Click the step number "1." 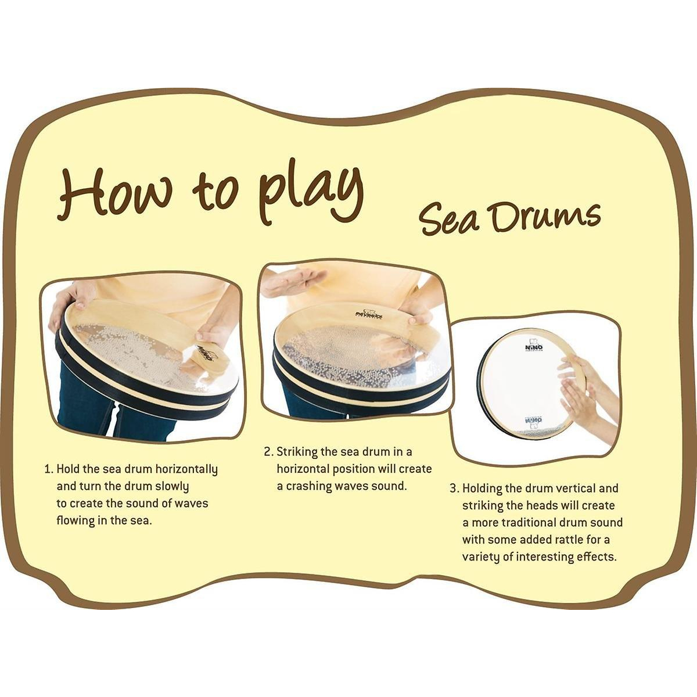(x=49, y=469)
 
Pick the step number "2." (x=269, y=452)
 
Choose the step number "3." (x=455, y=488)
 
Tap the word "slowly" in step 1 (x=172, y=487)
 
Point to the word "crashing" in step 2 (x=309, y=486)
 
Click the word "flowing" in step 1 (x=76, y=521)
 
